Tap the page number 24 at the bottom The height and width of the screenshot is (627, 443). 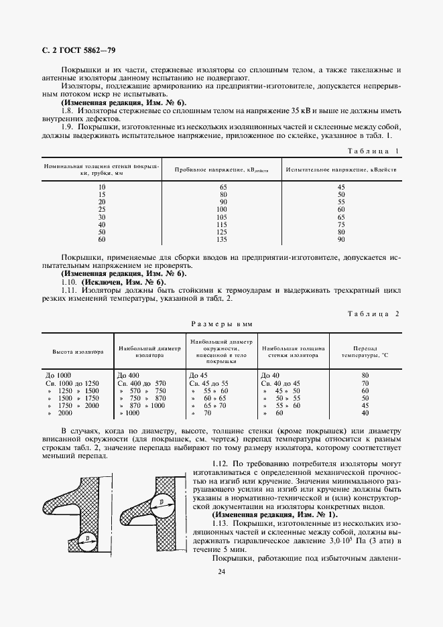[x=221, y=571]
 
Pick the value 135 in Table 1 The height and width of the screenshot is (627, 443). [x=223, y=239]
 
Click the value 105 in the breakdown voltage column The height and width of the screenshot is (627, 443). [x=223, y=217]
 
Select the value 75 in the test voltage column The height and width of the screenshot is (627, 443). [x=341, y=224]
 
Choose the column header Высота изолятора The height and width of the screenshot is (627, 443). [x=78, y=352]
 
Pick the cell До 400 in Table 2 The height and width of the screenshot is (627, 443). [x=128, y=375]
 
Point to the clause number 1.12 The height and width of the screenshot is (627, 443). [x=220, y=464]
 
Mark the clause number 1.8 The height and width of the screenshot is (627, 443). [x=67, y=111]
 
